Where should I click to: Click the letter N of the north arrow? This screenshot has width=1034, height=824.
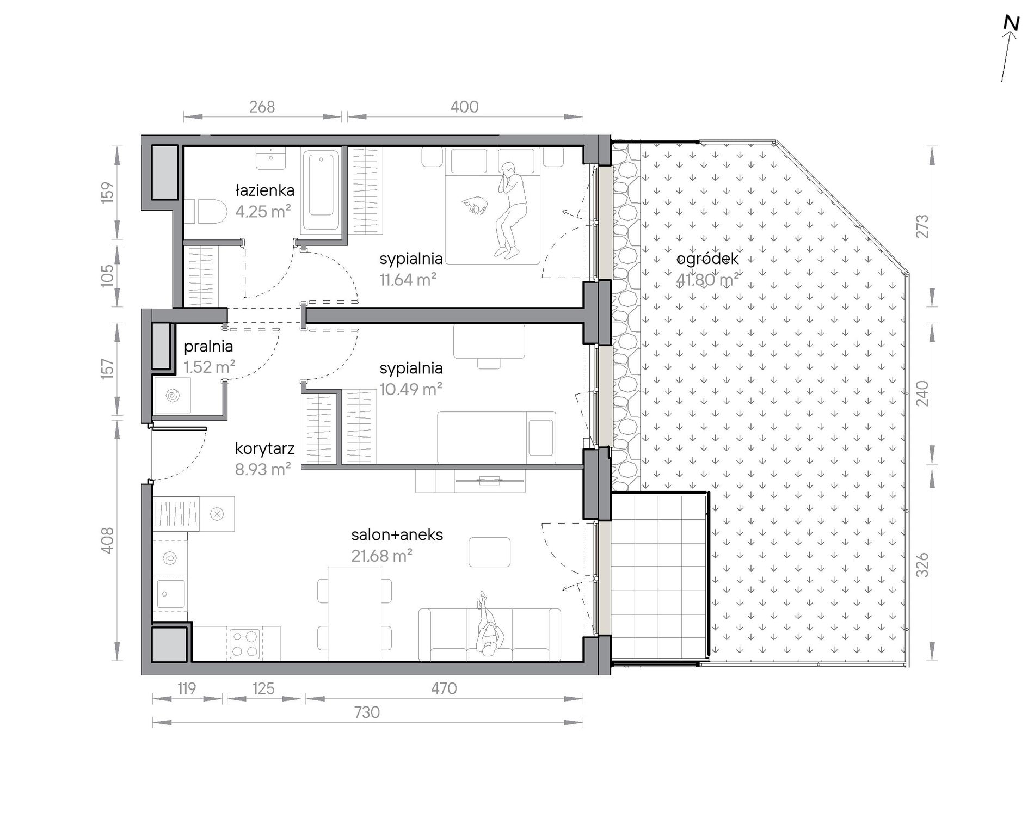(1011, 24)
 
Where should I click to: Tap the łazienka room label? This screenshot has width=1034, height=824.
(264, 190)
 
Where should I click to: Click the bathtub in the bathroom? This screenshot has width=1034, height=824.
(321, 192)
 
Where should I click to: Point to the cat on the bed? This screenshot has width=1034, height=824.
(474, 205)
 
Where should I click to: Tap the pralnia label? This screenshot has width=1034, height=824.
(208, 346)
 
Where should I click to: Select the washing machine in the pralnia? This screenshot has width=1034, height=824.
(172, 395)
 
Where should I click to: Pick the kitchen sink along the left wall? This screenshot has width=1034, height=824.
(170, 593)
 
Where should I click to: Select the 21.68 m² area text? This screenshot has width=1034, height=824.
(381, 556)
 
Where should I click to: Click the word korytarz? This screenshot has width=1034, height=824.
(265, 448)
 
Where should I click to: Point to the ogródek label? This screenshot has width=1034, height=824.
(707, 259)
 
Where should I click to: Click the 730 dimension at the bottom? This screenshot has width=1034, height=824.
(367, 712)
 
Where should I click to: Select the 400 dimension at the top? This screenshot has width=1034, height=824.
(464, 107)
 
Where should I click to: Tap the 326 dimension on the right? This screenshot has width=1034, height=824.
(922, 564)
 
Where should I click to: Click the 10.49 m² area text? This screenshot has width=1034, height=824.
(411, 389)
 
